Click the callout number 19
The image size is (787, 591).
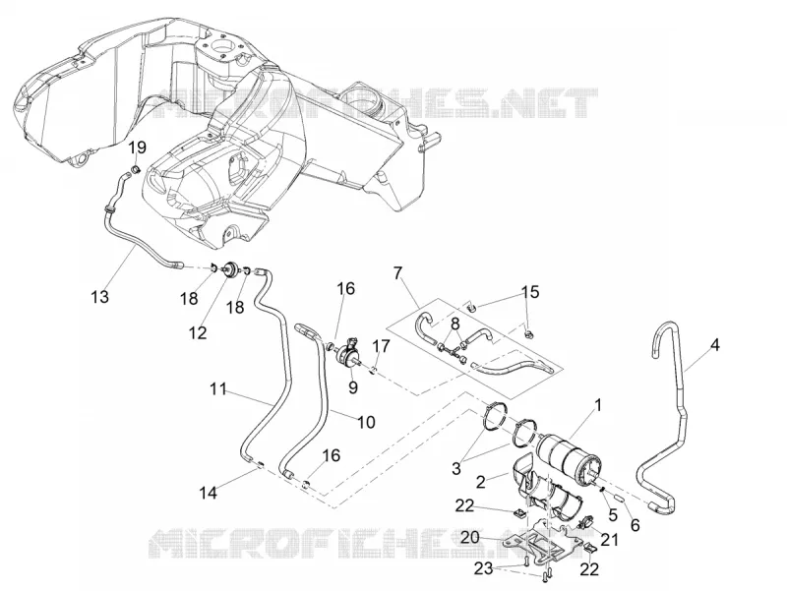[137, 148]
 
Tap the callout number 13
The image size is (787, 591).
[100, 297]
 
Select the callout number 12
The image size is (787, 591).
[198, 332]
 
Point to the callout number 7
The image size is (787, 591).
[398, 273]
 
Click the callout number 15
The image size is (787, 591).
[530, 291]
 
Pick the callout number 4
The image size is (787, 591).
[715, 345]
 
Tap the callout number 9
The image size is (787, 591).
[353, 386]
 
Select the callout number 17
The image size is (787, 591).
[381, 346]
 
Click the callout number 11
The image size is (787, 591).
[218, 388]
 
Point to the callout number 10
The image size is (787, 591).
[366, 422]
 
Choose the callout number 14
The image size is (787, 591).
[208, 493]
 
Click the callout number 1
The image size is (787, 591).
[598, 404]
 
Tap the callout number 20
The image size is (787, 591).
[470, 538]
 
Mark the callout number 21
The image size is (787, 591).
[609, 539]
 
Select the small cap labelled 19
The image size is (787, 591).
[136, 168]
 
